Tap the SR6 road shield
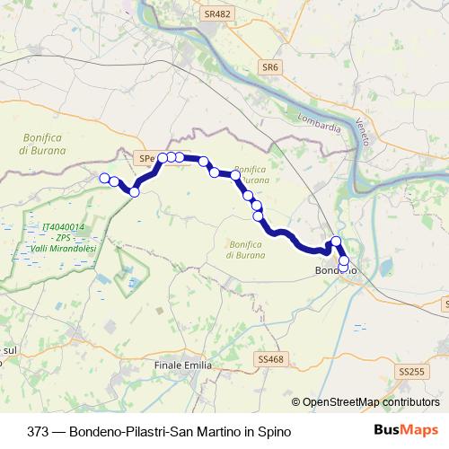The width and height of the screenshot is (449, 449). coord(271,67)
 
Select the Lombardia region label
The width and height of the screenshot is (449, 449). coord(318,128)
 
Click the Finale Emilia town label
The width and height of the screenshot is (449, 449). coord(183,365)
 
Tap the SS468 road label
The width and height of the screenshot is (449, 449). coord(269,359)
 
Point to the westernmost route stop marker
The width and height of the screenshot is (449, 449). coord(104,178)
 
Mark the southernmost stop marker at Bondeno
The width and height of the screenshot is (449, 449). coord(343,267)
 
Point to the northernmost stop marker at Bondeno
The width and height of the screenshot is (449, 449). coord(336,241)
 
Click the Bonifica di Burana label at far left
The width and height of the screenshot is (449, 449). coord(43,144)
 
